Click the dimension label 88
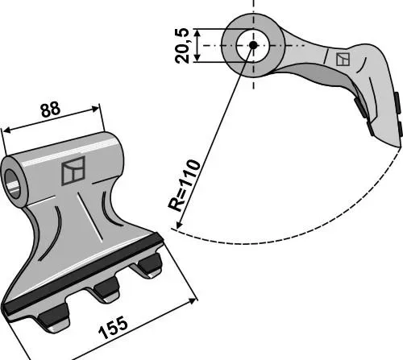pyautogui.click(x=50, y=109)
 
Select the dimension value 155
pyautogui.click(x=113, y=328)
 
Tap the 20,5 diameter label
pyautogui.click(x=182, y=45)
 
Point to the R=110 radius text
pyautogui.click(x=184, y=185)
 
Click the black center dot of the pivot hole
pyautogui.click(x=253, y=45)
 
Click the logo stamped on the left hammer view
pyautogui.click(x=73, y=171)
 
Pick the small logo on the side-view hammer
pyautogui.click(x=343, y=60)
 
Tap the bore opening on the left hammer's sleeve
pyautogui.click(x=13, y=184)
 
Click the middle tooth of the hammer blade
pyautogui.click(x=106, y=291)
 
